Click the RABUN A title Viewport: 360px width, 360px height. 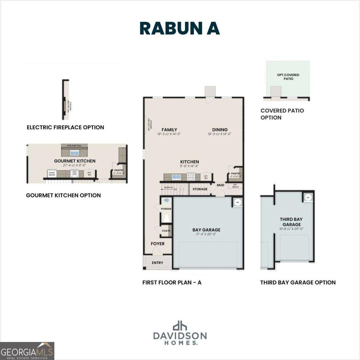(180, 28)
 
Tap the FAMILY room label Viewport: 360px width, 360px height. (169, 130)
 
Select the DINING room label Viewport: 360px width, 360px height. (220, 130)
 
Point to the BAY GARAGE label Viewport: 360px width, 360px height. (206, 230)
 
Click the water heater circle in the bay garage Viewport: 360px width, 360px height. (237, 202)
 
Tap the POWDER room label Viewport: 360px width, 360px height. (166, 209)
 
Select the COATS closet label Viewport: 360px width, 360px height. (166, 231)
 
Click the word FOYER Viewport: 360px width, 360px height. (157, 244)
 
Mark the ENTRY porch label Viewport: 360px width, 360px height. (157, 263)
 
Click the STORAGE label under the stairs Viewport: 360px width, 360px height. (200, 189)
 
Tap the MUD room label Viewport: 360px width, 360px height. (220, 185)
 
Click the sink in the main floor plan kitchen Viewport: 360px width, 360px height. (175, 177)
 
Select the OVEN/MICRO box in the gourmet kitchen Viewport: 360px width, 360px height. (52, 173)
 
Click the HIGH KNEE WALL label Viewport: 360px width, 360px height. (74, 146)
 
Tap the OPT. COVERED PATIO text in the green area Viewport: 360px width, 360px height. (288, 77)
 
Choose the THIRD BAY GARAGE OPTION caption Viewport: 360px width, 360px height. (298, 282)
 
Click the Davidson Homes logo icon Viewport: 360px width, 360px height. (180, 326)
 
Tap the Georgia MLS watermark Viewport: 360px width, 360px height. (27, 351)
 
